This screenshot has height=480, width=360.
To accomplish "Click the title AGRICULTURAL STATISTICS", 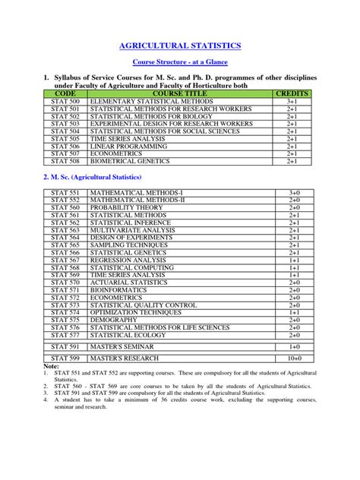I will click(x=180, y=46).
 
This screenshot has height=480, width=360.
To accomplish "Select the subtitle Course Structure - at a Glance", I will click(x=180, y=63).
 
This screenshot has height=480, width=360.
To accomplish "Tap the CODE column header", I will click(x=66, y=93).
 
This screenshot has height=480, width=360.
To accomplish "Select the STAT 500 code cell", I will click(x=65, y=100).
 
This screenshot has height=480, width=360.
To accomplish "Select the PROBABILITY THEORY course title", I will click(x=127, y=207).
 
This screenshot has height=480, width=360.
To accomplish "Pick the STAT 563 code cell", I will click(x=65, y=229).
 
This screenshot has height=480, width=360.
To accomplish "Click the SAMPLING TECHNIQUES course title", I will click(x=130, y=245).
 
